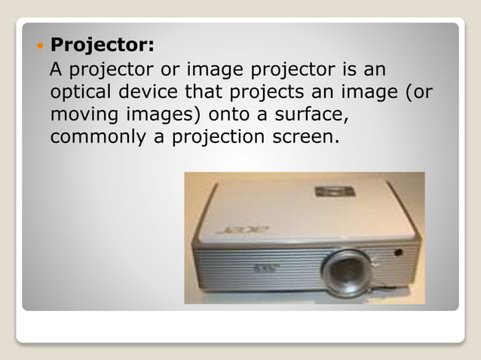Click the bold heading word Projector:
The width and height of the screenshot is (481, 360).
(102, 46)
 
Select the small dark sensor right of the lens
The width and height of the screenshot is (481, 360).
(397, 252)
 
